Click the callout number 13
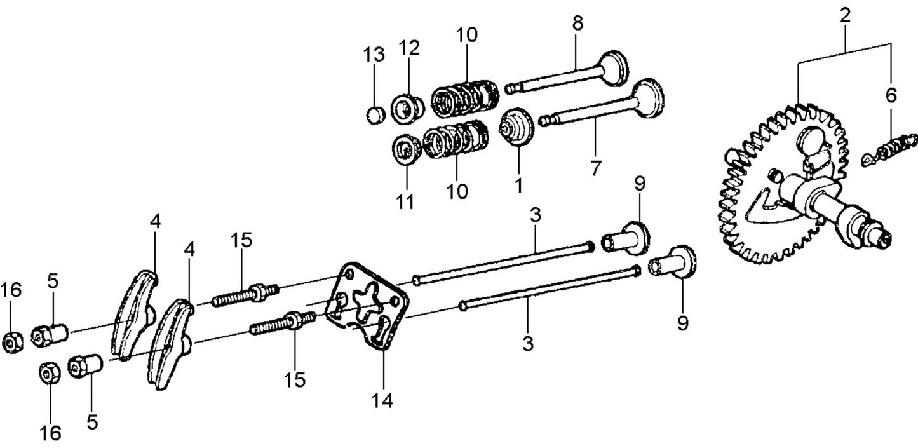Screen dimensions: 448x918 tap(374, 55)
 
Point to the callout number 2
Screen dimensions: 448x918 tap(845, 17)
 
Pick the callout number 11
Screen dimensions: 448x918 tap(405, 202)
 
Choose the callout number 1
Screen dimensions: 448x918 tap(518, 186)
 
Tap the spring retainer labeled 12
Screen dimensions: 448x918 tap(408, 107)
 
